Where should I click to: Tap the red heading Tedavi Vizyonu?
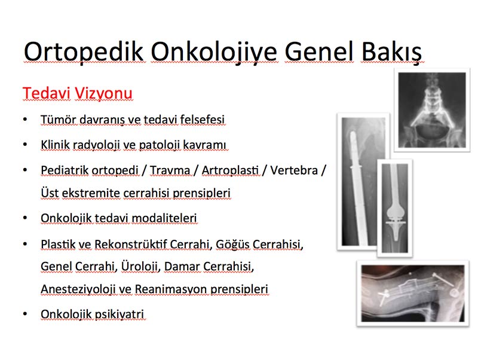point(78,93)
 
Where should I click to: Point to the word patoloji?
point(159,145)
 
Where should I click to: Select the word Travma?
point(170,170)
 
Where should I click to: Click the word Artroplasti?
point(230,170)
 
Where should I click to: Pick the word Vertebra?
point(294,170)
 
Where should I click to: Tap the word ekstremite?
point(91,193)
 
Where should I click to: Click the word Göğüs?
point(232,245)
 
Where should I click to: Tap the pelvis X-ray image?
point(432,110)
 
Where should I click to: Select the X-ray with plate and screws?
point(413,293)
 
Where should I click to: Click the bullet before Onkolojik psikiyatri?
point(25,313)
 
